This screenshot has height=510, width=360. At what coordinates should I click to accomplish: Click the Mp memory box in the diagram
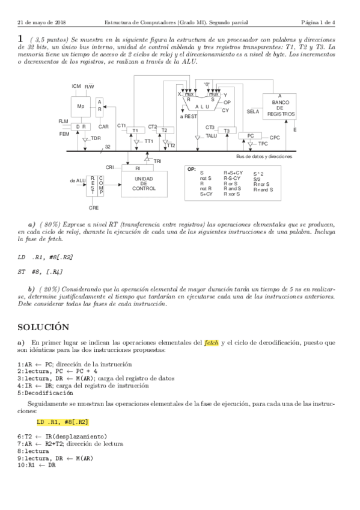click(x=80, y=106)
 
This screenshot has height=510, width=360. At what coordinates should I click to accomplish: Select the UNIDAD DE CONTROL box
click(x=144, y=183)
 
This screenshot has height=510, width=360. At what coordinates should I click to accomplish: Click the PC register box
click(x=251, y=137)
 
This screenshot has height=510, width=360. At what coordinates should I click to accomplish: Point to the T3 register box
click(x=226, y=131)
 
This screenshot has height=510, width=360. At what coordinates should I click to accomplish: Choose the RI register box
click(x=138, y=169)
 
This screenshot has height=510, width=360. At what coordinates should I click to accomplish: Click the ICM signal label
click(x=76, y=87)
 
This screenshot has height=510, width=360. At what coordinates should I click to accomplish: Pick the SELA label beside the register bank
click(x=253, y=112)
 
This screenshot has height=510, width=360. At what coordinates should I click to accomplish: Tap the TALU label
click(x=211, y=137)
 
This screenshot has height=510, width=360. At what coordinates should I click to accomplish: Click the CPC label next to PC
click(x=275, y=138)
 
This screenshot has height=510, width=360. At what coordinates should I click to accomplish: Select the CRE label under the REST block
click(x=94, y=207)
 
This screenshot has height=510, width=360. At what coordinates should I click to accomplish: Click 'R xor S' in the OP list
click(x=232, y=194)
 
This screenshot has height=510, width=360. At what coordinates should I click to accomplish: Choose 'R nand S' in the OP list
click(x=263, y=189)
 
